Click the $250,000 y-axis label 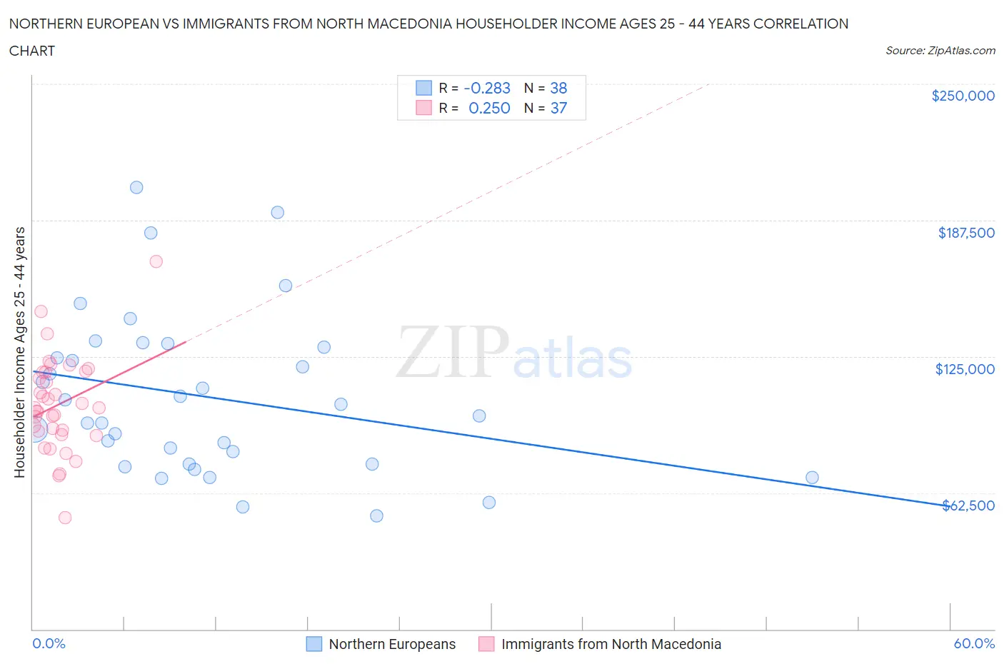coord(963,96)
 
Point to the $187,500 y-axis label coord(965,233)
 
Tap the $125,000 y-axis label coord(965,369)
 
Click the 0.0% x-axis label coord(49,643)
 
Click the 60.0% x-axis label coord(974,643)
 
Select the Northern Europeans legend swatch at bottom coord(313,644)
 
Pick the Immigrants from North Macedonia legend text coord(611,644)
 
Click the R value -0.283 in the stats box coord(487,88)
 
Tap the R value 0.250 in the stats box coord(489,108)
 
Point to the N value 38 coord(558,88)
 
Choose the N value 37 coord(558,108)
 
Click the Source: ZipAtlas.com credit coord(940,50)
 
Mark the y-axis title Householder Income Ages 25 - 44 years coord(19,352)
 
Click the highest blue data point coord(136,187)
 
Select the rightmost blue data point coord(812,478)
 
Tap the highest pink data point coord(156,261)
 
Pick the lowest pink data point coord(65,518)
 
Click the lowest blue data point coord(376,515)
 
